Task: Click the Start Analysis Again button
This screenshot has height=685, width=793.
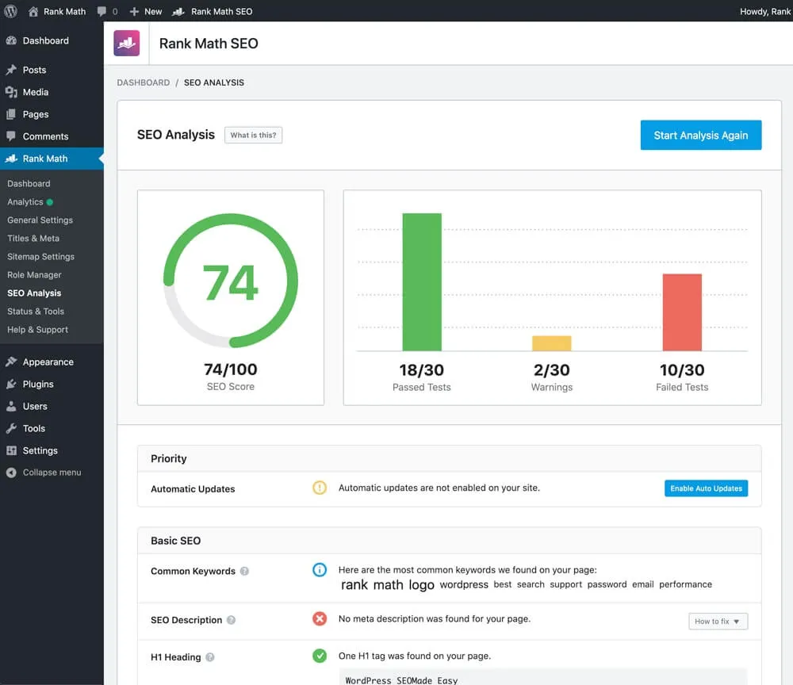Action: [700, 136]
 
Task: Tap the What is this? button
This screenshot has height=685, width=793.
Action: [253, 136]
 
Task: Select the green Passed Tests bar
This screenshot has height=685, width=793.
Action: [421, 281]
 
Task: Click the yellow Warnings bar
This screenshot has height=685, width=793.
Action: [551, 343]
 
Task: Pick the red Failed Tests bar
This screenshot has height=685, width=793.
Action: [682, 312]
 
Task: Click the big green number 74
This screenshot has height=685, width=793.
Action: [230, 283]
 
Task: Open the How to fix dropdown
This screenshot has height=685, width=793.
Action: [718, 622]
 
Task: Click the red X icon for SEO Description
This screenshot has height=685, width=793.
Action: [320, 618]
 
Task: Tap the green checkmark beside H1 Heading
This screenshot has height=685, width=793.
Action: [320, 656]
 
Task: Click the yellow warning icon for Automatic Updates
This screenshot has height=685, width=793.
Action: [320, 488]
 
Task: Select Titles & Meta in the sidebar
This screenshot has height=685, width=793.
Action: [33, 238]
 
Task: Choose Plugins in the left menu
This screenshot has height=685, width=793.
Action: [38, 384]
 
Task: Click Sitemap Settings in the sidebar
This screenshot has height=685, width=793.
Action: [40, 256]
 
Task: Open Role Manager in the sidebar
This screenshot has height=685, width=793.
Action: [34, 274]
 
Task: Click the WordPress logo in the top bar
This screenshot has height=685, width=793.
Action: [11, 11]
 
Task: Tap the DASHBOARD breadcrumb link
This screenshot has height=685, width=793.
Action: [144, 82]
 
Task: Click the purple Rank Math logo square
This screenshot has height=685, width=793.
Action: [127, 44]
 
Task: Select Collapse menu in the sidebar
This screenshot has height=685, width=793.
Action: [52, 473]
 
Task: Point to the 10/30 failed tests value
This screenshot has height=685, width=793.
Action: [682, 369]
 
